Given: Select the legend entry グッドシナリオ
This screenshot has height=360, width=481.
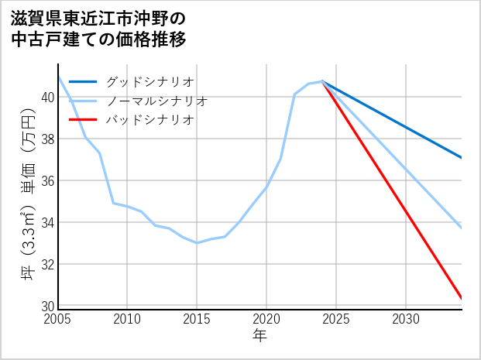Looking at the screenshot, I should click(149, 81).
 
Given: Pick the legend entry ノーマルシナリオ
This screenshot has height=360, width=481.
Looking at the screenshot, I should click(156, 101).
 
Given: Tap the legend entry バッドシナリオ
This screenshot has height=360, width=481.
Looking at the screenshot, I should click(149, 120).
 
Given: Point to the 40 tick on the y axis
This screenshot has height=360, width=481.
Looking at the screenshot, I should click(47, 98).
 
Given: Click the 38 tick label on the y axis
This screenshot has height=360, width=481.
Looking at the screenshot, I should click(47, 139).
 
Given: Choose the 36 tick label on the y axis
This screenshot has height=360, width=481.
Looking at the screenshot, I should click(47, 181).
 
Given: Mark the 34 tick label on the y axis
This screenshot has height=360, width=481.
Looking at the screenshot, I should click(47, 223).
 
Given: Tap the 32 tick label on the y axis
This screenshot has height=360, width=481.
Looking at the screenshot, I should click(47, 265).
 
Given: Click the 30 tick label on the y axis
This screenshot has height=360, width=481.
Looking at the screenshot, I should click(47, 306).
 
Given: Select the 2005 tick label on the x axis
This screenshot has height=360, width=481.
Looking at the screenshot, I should click(58, 319).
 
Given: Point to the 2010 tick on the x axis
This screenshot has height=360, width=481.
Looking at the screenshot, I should click(127, 319).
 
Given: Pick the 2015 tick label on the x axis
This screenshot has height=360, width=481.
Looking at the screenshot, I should click(197, 319).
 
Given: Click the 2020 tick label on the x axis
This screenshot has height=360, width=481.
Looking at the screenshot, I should click(266, 319).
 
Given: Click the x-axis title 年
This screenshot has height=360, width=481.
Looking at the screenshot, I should click(259, 335).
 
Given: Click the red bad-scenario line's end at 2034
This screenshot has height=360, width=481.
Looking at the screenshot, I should click(461, 297).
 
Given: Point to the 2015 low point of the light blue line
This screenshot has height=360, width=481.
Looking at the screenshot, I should click(197, 243).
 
